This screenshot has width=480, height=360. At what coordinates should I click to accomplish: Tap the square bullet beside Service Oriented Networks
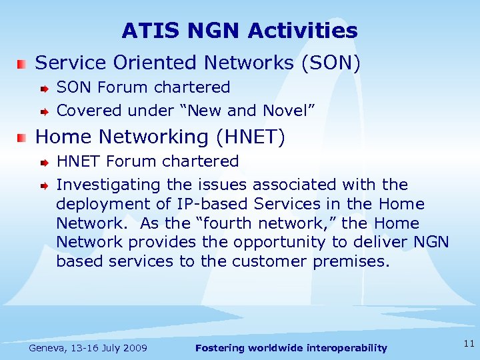23,64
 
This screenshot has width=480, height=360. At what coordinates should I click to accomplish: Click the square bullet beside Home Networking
23,138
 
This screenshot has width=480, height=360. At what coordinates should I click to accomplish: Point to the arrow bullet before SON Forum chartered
44,88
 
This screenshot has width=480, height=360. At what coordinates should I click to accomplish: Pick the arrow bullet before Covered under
44,111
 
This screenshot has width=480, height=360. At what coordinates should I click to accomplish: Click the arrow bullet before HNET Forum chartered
44,162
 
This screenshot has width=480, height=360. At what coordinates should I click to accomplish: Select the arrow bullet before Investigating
44,185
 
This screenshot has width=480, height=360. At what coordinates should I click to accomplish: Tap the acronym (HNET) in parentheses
254,137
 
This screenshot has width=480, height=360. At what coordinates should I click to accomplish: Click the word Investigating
109,185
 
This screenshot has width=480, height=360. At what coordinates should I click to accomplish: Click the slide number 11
469,344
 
